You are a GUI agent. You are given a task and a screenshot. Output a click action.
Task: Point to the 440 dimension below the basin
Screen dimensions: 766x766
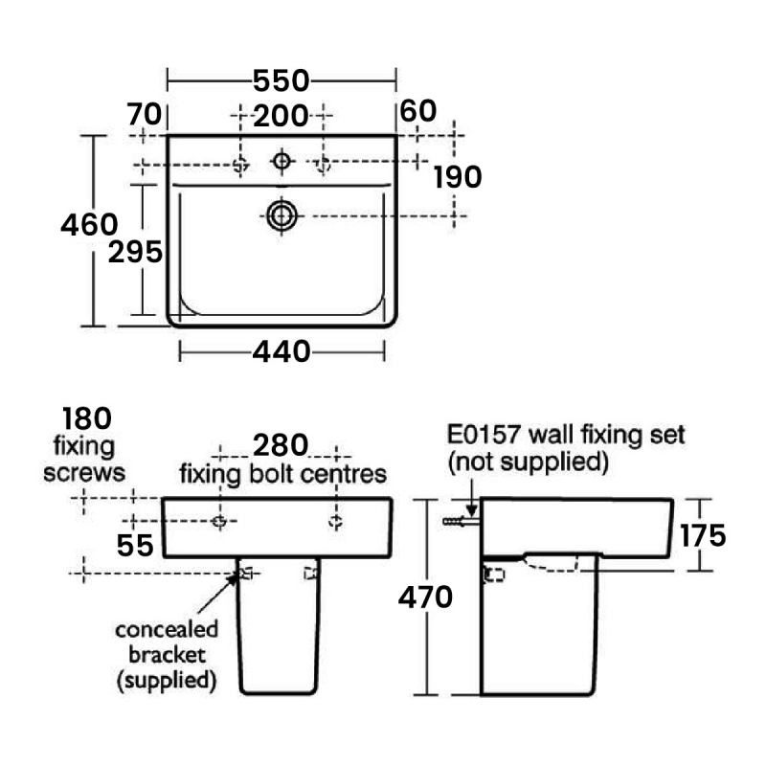(282, 352)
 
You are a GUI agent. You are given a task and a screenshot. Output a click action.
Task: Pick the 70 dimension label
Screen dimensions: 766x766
(146, 113)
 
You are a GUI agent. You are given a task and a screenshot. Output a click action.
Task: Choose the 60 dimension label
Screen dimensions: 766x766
(418, 111)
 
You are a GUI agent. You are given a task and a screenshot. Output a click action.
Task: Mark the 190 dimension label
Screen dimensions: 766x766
(457, 176)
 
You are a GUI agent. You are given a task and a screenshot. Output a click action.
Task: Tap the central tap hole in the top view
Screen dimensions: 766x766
(282, 162)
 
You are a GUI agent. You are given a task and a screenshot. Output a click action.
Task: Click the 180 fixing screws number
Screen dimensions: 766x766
(86, 418)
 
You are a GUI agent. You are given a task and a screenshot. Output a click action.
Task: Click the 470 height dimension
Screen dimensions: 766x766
(425, 597)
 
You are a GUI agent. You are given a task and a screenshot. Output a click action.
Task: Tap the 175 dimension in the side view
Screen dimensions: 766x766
(704, 535)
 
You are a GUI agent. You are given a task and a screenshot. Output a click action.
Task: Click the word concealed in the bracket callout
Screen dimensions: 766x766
(167, 631)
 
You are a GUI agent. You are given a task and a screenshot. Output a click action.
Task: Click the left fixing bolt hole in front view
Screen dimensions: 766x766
(218, 521)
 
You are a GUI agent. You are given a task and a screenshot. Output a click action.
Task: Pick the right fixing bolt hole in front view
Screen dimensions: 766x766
(336, 521)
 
